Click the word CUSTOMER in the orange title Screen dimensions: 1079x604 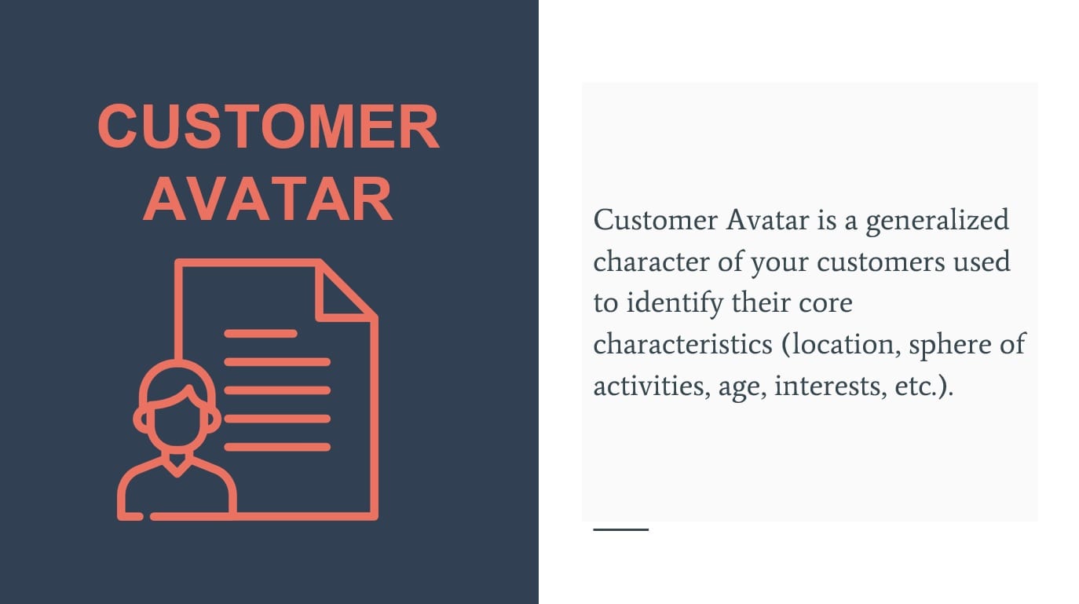coord(269,126)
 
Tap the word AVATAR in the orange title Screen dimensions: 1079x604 coord(269,199)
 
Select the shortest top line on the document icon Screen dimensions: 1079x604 coord(261,333)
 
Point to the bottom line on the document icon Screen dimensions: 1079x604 coord(277,447)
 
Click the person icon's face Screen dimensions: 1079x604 coord(177,420)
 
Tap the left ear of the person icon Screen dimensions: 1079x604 coord(141,420)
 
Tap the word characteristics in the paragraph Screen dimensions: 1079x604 coord(682,345)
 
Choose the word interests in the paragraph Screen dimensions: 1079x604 coord(830,387)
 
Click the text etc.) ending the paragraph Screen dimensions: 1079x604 coord(924,387)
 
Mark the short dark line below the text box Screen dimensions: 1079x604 coord(621,529)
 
